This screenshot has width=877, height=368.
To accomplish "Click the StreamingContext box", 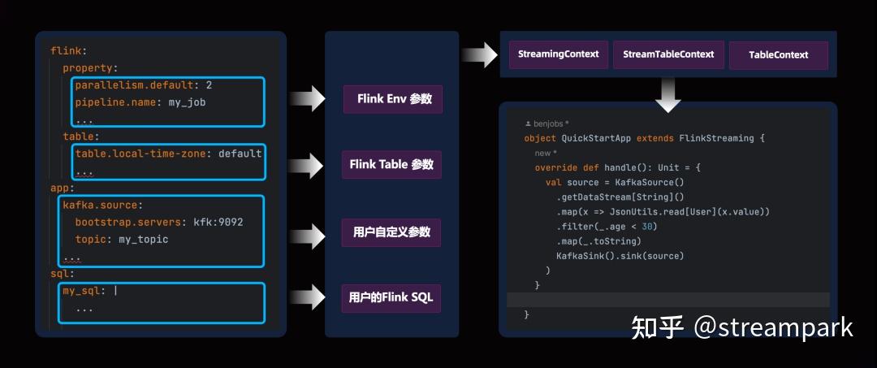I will click(x=559, y=54).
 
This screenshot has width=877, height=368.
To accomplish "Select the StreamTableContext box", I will click(x=668, y=54).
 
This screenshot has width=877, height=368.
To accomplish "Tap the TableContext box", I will click(x=778, y=55).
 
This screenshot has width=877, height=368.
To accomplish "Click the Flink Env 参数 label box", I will click(x=393, y=99).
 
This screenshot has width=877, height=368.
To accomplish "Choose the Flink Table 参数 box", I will click(x=391, y=165).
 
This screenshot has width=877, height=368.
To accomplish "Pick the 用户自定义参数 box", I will click(x=391, y=232).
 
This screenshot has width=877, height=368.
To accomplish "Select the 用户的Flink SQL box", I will click(x=391, y=297).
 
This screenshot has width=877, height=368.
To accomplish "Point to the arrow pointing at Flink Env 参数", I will click(x=308, y=100).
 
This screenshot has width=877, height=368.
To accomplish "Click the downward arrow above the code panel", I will click(x=667, y=93).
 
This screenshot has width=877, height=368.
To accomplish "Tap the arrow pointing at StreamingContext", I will click(x=479, y=55).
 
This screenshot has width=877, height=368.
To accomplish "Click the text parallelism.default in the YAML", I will click(x=133, y=84).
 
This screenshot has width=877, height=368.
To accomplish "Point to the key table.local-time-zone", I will click(x=144, y=153).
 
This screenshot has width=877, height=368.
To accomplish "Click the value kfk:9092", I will click(x=218, y=222).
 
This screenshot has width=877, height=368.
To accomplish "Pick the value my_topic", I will click(x=144, y=239).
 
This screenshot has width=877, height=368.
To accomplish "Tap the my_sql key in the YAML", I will click(x=85, y=290).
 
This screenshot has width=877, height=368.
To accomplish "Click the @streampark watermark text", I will click(x=773, y=327).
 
